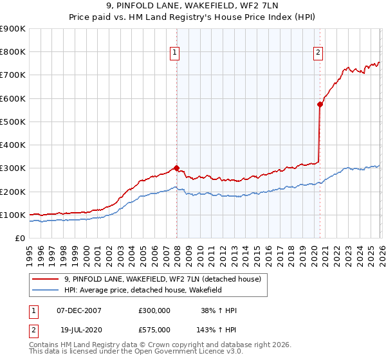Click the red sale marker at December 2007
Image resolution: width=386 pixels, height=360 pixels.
click(176, 168)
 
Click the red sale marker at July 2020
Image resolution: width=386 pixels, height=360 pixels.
click(320, 104)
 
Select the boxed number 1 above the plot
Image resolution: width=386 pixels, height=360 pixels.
click(175, 53)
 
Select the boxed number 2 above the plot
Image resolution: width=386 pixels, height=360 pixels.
click(318, 53)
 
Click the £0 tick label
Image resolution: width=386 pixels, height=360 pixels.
click(19, 239)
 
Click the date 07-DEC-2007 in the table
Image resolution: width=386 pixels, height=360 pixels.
click(79, 310)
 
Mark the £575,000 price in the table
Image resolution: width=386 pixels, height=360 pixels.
click(154, 328)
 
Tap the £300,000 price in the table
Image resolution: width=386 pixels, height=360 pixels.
click(154, 310)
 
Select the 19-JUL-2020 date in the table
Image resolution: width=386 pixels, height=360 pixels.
click(78, 328)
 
